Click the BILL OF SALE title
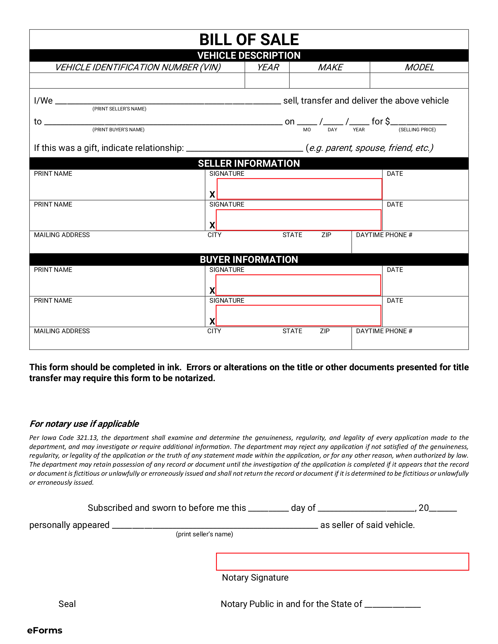[x=249, y=40]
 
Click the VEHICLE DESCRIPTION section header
[x=249, y=55]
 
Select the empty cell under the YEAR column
[x=267, y=81]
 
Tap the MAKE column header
[x=330, y=67]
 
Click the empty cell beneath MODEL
[x=419, y=81]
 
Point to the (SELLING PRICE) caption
[x=417, y=130]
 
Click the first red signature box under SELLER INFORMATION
[x=299, y=189]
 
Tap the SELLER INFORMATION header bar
[x=249, y=163]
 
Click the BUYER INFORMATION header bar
[x=249, y=259]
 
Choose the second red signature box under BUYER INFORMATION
[x=298, y=315]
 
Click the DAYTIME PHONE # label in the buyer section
[x=384, y=331]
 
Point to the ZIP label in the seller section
[x=326, y=235]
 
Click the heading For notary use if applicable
[x=84, y=424]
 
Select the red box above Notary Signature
[x=342, y=562]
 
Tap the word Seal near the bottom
[x=67, y=604]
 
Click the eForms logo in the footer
[x=45, y=630]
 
